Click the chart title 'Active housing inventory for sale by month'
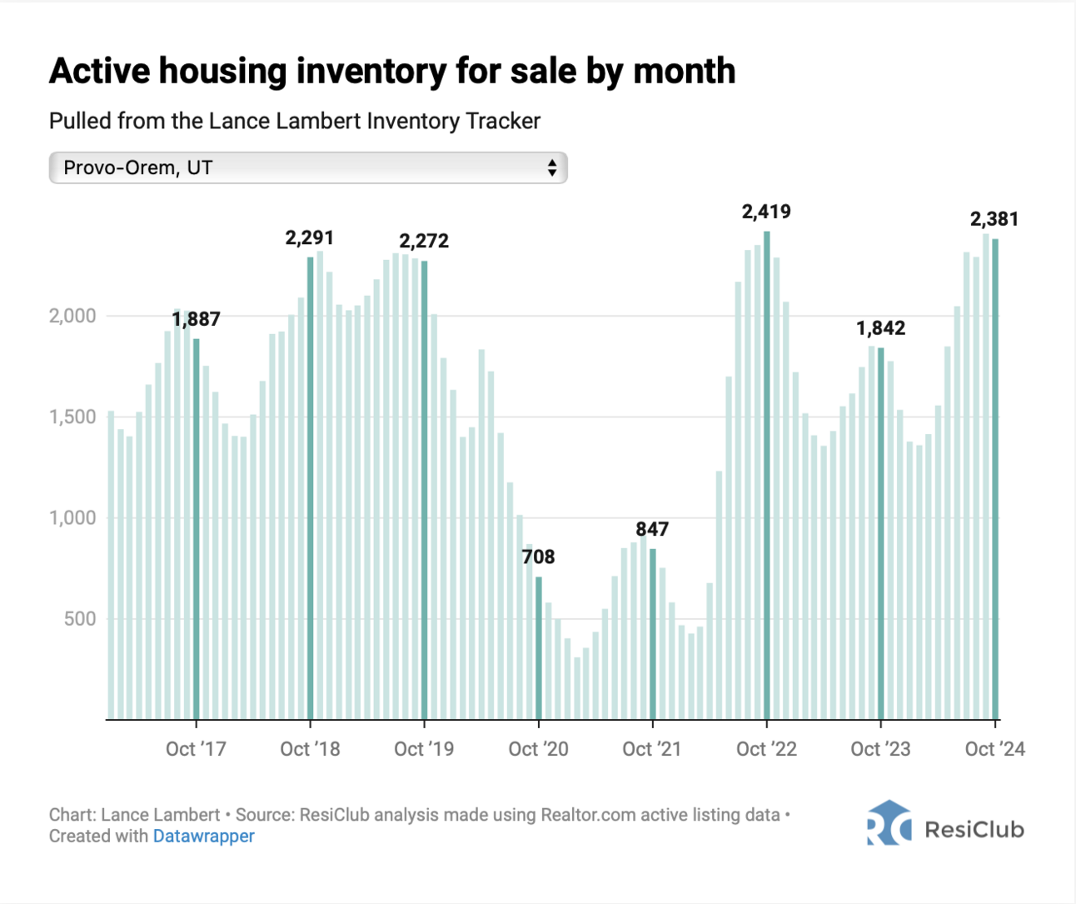[391, 72]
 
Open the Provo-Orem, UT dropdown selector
[307, 167]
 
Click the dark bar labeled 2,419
[766, 475]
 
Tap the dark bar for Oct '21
[652, 633]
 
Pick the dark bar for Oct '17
[196, 528]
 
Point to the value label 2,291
[309, 238]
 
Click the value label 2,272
[423, 242]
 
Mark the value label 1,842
[880, 328]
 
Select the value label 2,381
[994, 219]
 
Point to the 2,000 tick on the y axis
[73, 316]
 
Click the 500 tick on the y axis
[80, 619]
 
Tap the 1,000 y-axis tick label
[73, 517]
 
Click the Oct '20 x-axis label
[538, 749]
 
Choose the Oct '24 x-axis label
[994, 749]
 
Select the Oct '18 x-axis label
[310, 749]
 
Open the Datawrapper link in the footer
[203, 836]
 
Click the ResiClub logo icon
[887, 823]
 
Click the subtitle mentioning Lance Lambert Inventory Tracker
[295, 122]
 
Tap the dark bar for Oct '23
[880, 533]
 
